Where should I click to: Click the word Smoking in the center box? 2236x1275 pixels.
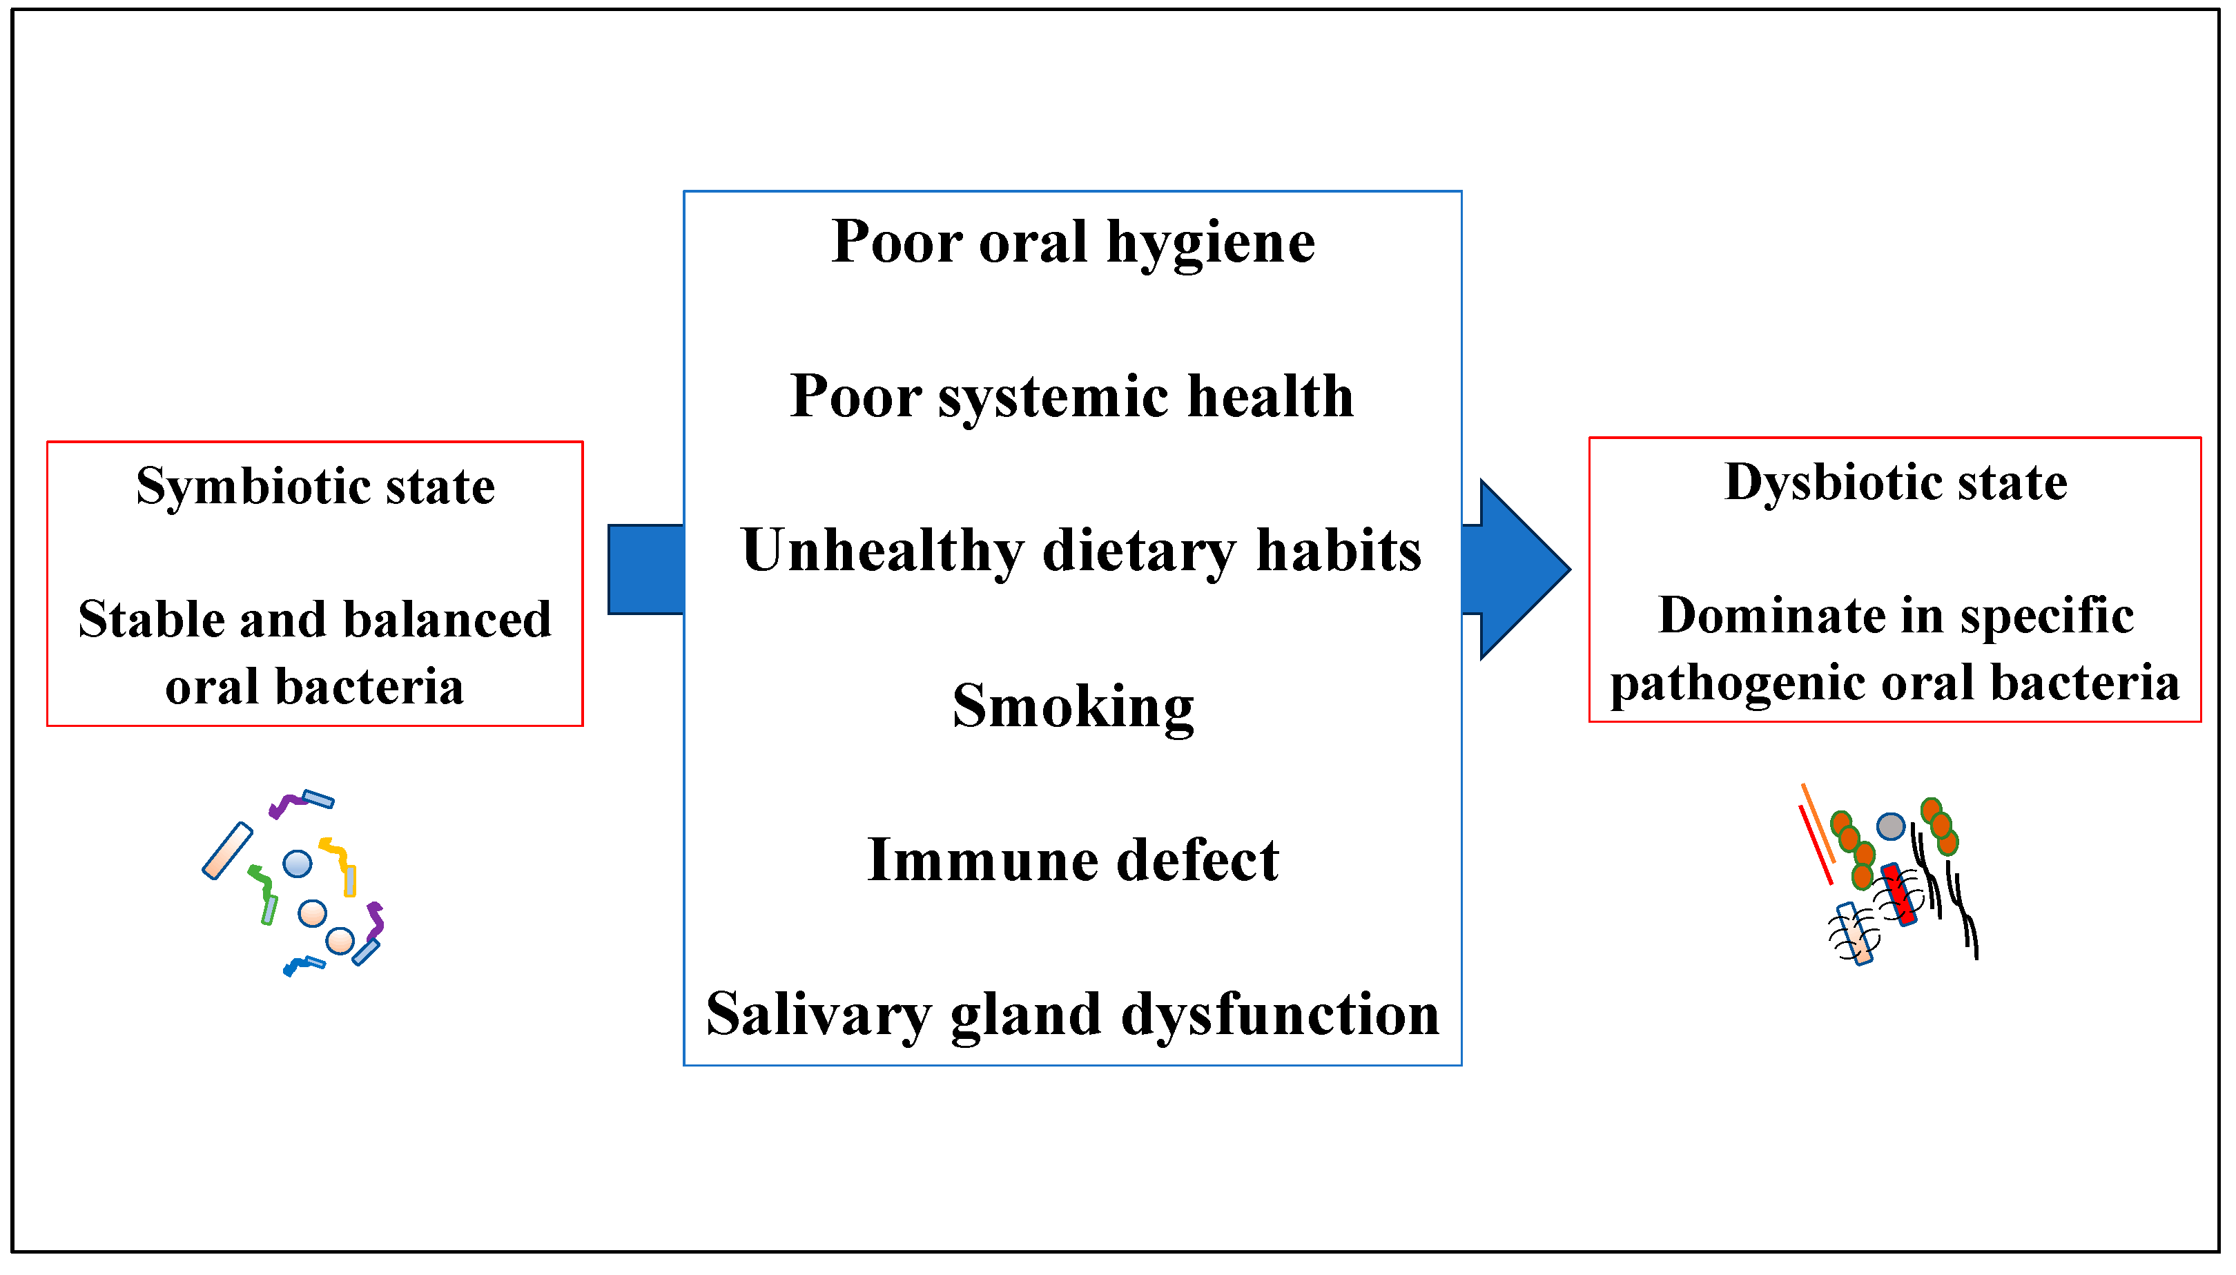(x=1073, y=705)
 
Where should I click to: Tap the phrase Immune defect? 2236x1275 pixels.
(x=1073, y=860)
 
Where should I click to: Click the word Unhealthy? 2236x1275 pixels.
(x=882, y=552)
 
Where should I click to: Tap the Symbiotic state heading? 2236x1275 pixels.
(x=315, y=486)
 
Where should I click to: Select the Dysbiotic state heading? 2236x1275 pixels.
(x=1896, y=483)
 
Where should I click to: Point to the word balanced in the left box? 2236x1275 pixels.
(x=447, y=620)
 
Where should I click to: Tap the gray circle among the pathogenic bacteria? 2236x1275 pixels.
(x=1890, y=826)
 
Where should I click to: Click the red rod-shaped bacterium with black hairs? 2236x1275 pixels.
(x=1898, y=893)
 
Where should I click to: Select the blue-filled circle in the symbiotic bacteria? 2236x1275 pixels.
(x=298, y=864)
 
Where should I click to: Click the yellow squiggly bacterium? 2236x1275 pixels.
(x=337, y=853)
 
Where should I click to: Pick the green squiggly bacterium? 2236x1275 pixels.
(x=262, y=884)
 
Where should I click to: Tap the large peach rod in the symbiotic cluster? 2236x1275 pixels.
(x=228, y=849)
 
